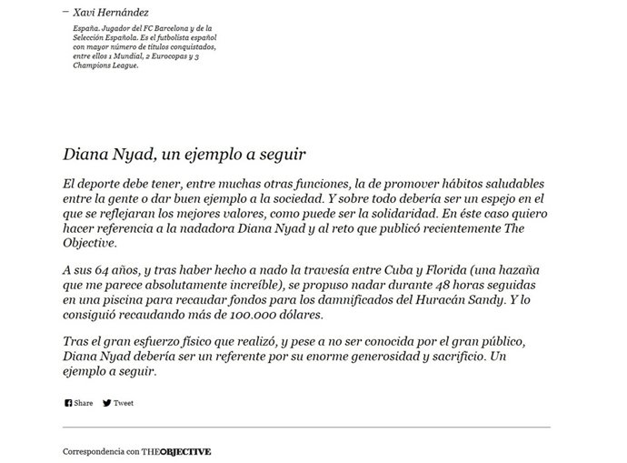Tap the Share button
(x=84, y=403)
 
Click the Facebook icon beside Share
(x=68, y=403)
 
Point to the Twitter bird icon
(x=107, y=403)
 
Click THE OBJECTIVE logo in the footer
(x=176, y=450)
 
